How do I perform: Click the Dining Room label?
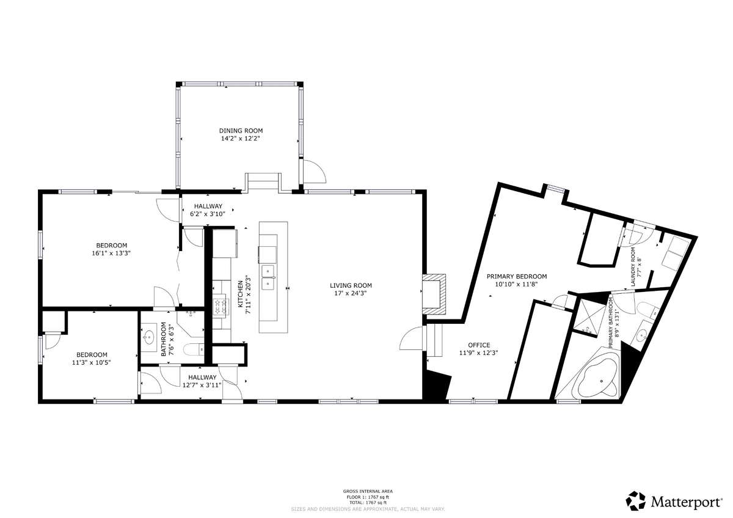[x=241, y=131]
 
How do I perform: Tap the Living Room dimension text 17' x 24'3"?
[x=351, y=293]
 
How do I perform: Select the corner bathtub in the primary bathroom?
[x=597, y=378]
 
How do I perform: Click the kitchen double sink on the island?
[x=268, y=277]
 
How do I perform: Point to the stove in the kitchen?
[x=220, y=307]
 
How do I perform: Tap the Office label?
[x=479, y=345]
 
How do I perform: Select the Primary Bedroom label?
[x=517, y=277]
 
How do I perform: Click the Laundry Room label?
[x=633, y=267]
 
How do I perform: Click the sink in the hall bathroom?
[x=149, y=336]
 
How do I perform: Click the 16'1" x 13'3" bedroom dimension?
[x=111, y=253]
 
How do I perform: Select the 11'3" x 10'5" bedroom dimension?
[x=92, y=362]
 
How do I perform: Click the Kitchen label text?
[x=241, y=294]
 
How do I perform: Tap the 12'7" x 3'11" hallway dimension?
[x=202, y=385]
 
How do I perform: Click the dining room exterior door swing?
[x=315, y=171]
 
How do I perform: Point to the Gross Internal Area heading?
[x=368, y=491]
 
